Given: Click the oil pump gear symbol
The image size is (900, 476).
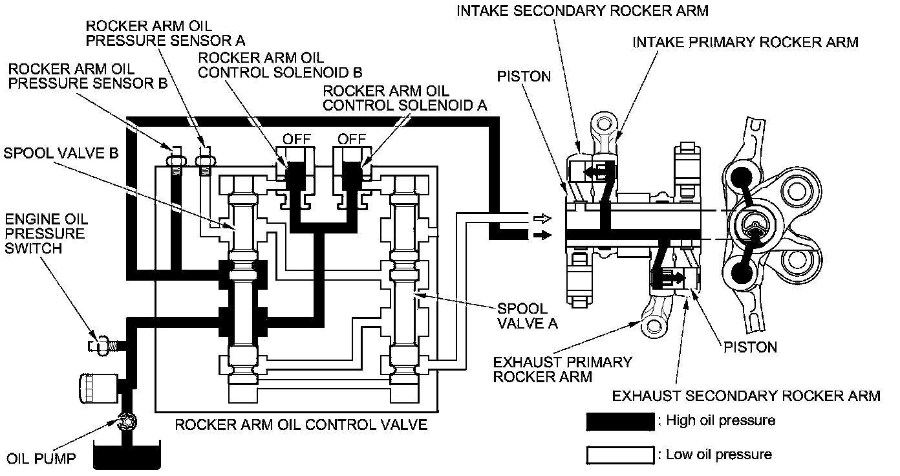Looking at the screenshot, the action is (127, 422).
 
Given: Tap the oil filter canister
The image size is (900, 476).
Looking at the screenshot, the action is (99, 388).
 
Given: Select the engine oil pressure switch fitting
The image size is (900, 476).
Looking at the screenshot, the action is (103, 345).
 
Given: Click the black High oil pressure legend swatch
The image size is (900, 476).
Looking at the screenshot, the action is (620, 422).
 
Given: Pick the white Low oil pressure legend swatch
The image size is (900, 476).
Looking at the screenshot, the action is (620, 455).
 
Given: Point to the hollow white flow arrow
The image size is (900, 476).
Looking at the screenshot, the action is (542, 219).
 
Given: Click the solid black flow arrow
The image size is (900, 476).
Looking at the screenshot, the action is (542, 235).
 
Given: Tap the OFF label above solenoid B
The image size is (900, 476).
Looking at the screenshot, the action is (297, 139).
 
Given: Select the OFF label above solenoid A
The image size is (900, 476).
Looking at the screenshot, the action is (352, 139).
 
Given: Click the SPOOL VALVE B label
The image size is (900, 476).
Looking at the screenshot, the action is (61, 153).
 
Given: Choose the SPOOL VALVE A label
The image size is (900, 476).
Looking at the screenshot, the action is (527, 316).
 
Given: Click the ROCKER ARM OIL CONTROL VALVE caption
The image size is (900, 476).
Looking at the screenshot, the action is (301, 424).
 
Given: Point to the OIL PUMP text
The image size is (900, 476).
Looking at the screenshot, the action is (41, 459).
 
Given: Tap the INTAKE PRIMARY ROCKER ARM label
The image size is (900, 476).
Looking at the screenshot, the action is (745, 42).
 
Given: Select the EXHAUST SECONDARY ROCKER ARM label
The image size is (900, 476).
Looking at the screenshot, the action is (746, 396).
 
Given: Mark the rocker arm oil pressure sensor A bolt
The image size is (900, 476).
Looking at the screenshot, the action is (205, 160).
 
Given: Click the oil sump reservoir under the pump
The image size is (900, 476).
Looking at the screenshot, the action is (127, 455).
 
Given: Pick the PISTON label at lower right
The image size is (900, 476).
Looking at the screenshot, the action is (750, 347).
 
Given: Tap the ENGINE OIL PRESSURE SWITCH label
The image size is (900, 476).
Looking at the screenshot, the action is (46, 233).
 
